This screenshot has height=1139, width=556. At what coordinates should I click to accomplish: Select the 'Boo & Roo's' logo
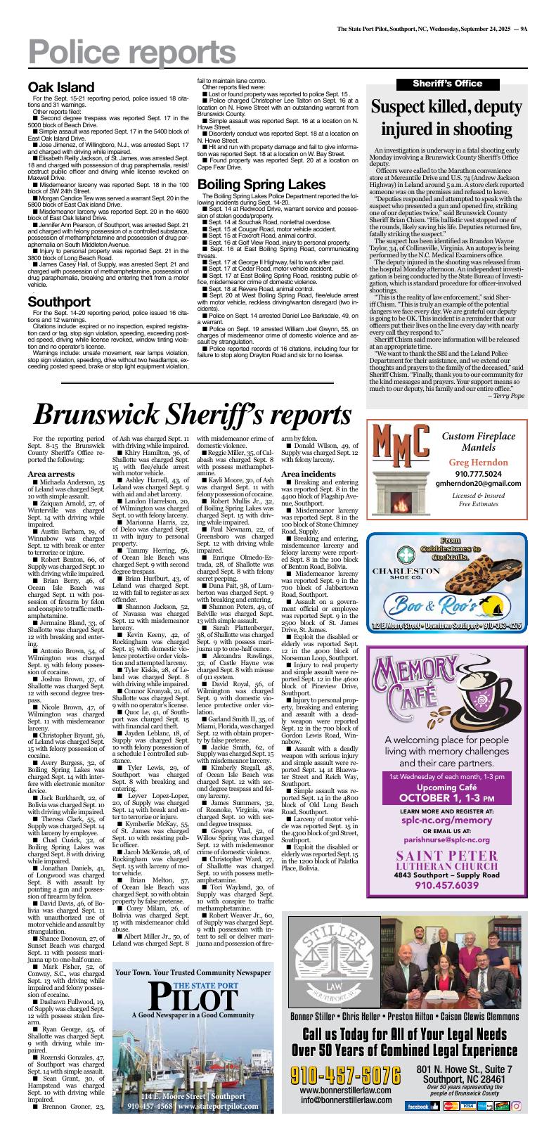click(x=437, y=604)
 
